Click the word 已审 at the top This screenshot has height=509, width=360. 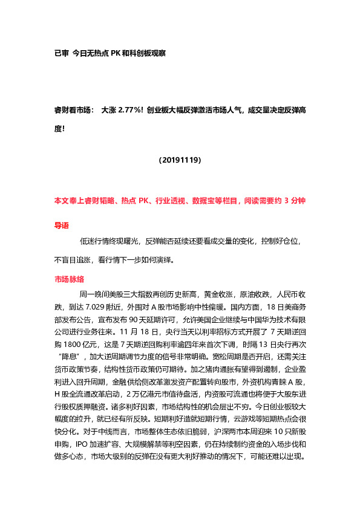pyautogui.click(x=61, y=53)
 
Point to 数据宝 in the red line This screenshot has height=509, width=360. pyautogui.click(x=211, y=199)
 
